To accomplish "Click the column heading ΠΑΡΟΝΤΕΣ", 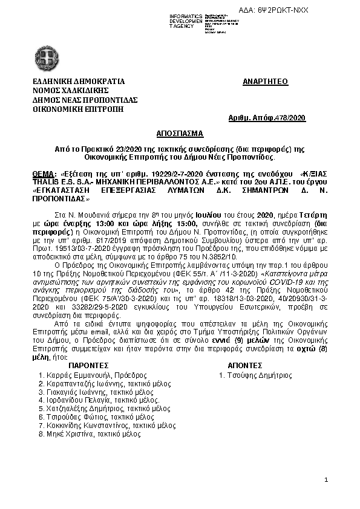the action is (x=88, y=366).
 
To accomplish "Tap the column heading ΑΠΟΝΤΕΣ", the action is (x=244, y=366).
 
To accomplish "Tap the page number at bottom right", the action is (x=326, y=480).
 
